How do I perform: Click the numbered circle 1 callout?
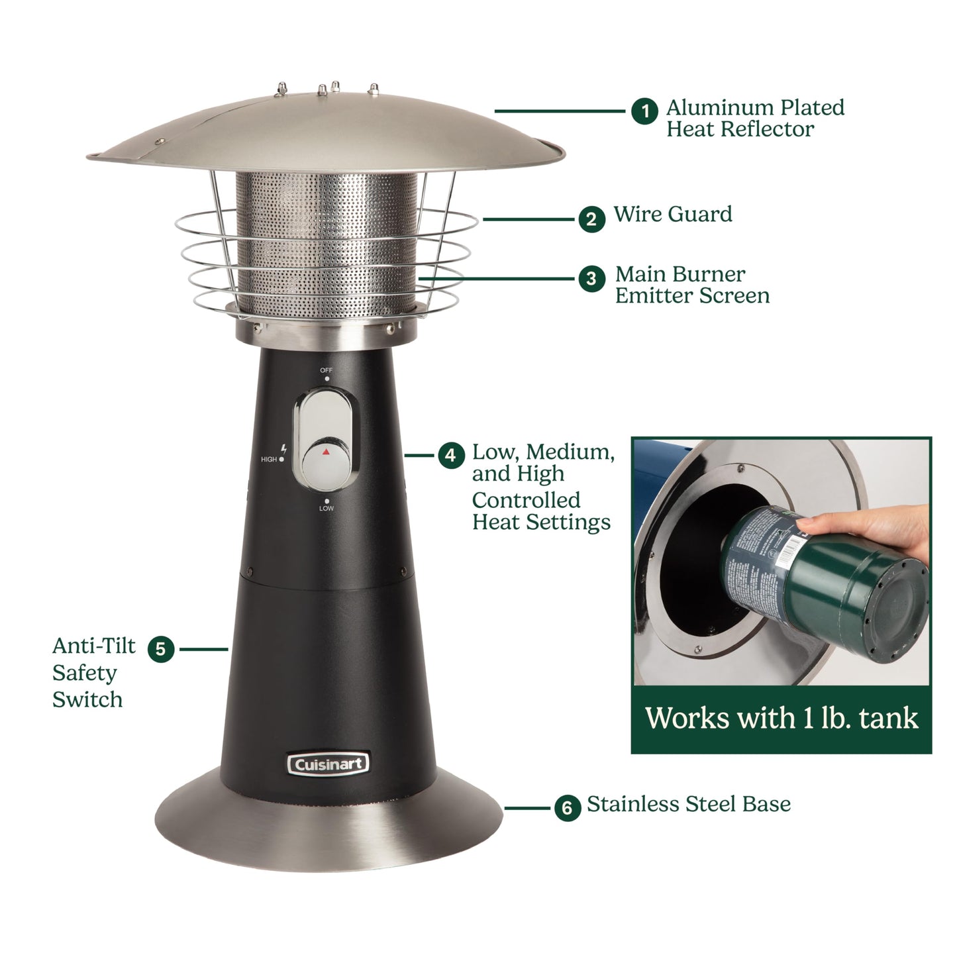click(644, 111)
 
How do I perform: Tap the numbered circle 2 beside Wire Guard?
click(591, 219)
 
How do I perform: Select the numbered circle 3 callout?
click(591, 279)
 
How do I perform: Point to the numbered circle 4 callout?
click(450, 456)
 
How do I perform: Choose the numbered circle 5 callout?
click(161, 649)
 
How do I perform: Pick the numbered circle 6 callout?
click(567, 808)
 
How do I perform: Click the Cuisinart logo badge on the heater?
click(328, 764)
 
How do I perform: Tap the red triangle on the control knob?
click(325, 452)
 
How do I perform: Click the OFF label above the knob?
click(327, 370)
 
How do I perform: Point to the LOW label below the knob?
click(327, 509)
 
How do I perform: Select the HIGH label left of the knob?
click(269, 459)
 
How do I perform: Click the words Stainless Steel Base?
click(689, 804)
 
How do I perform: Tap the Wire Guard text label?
click(673, 215)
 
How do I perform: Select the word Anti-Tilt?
click(93, 646)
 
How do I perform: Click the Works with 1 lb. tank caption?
click(781, 719)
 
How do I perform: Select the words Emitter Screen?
click(692, 295)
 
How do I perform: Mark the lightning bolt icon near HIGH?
click(283, 448)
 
